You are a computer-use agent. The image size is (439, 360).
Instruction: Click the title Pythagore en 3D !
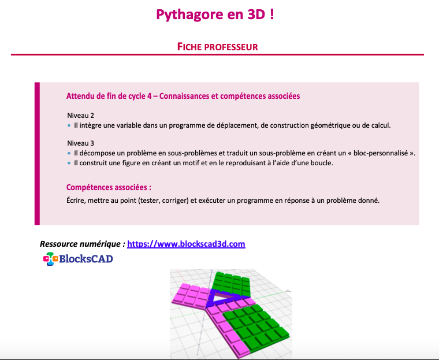[x=215, y=14]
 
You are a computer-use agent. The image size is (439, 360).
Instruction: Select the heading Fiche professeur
[x=218, y=47]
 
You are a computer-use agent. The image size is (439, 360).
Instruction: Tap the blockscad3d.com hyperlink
[x=186, y=244]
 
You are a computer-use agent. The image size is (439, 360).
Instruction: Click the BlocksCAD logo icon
[x=50, y=258]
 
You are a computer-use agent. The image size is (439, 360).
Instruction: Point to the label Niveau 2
[x=81, y=116]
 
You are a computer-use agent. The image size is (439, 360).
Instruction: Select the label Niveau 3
[x=81, y=143]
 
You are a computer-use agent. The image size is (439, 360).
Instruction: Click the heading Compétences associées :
[x=109, y=187]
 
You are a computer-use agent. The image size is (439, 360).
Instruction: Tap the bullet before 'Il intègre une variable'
[x=69, y=125]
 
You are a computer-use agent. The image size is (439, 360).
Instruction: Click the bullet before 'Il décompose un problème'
[x=69, y=153]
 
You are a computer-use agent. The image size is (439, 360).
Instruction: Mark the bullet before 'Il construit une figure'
[x=69, y=163]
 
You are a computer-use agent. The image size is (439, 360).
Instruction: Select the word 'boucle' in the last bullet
[x=322, y=163]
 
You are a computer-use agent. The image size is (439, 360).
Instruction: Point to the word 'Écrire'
[x=76, y=200]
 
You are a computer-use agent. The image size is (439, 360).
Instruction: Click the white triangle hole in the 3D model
[x=223, y=298]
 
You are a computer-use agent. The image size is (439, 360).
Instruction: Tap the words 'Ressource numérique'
[x=81, y=244]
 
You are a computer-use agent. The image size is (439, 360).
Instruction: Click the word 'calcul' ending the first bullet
[x=381, y=125]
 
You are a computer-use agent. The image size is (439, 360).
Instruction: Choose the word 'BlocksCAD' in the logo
[x=86, y=258]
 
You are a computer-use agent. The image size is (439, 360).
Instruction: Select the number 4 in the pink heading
[x=150, y=96]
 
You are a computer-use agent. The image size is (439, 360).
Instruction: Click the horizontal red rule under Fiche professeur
[x=217, y=55]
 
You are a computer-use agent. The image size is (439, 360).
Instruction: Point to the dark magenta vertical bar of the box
[x=37, y=154]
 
